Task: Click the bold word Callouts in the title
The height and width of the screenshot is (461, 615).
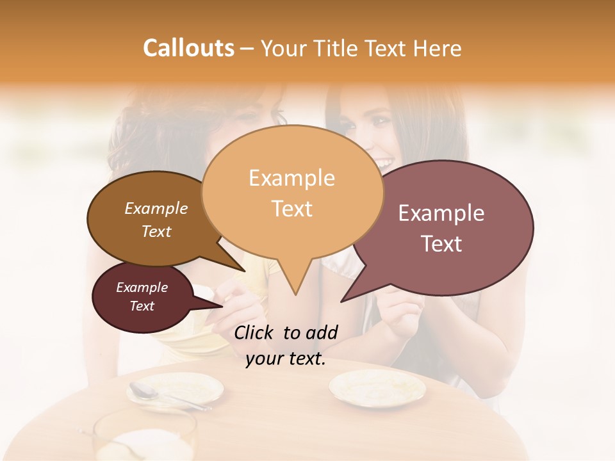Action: pyautogui.click(x=188, y=48)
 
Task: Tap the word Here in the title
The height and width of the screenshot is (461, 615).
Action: pyautogui.click(x=437, y=48)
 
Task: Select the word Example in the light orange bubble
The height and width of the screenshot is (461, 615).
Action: pyautogui.click(x=291, y=178)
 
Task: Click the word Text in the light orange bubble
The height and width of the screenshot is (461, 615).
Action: pyautogui.click(x=291, y=209)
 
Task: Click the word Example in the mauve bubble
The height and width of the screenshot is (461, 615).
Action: pyautogui.click(x=441, y=213)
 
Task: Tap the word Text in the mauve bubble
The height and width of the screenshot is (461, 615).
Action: pyautogui.click(x=441, y=244)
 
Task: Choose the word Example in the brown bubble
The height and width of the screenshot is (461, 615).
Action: pyautogui.click(x=156, y=208)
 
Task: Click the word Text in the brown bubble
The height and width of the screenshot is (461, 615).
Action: pyautogui.click(x=156, y=231)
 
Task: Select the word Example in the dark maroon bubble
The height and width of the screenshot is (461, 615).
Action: pyautogui.click(x=142, y=287)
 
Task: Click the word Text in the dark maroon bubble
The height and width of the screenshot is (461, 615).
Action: pyautogui.click(x=142, y=306)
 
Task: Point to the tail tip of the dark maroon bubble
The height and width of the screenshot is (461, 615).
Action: pyautogui.click(x=222, y=305)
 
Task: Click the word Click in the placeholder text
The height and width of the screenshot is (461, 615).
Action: pyautogui.click(x=254, y=332)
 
